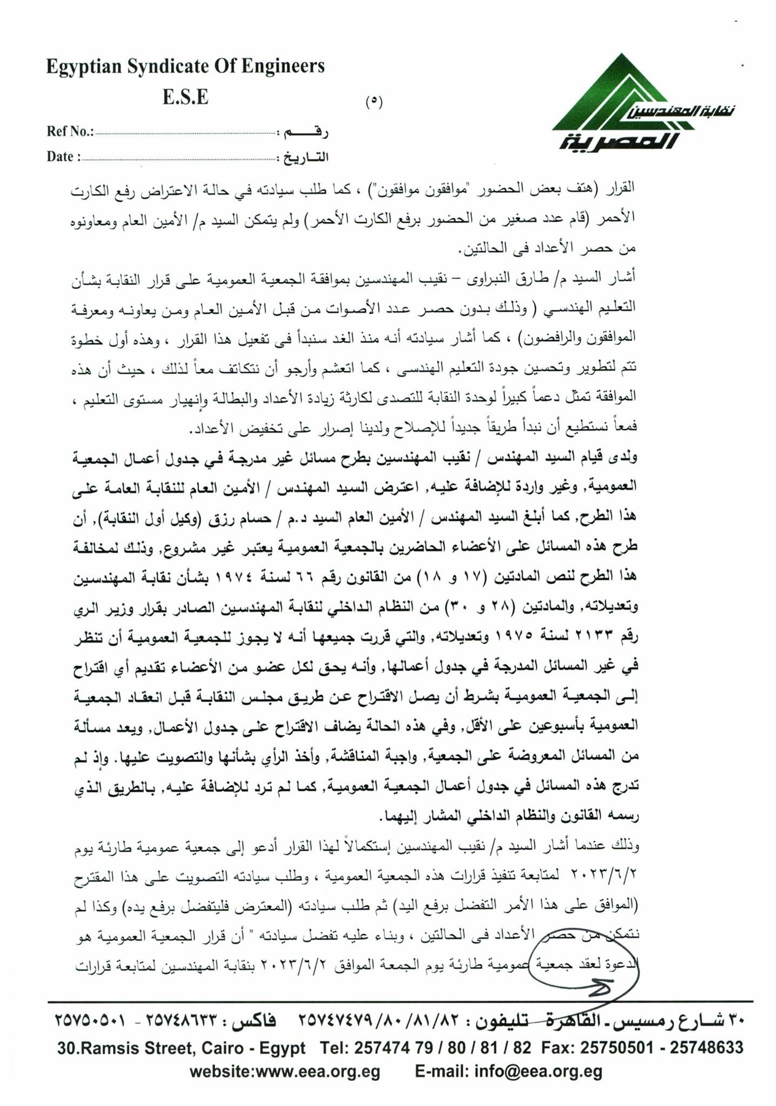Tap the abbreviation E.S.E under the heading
click(x=185, y=97)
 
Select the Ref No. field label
click(x=69, y=131)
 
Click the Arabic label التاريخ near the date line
click(x=306, y=157)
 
